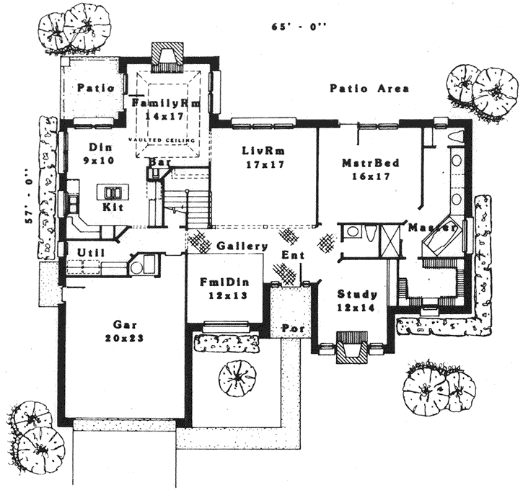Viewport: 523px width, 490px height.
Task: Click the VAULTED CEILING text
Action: point(165,138)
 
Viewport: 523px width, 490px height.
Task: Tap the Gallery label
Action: point(242,246)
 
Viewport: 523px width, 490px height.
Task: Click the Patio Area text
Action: point(369,89)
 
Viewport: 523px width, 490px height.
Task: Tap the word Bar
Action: point(159,163)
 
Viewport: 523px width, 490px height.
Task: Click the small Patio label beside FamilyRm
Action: point(96,89)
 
